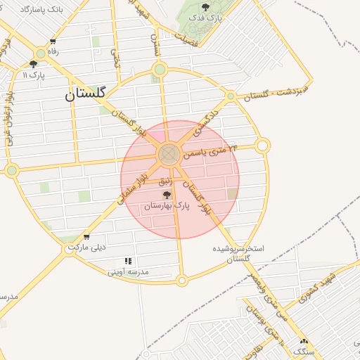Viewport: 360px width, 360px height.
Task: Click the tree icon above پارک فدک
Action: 205,7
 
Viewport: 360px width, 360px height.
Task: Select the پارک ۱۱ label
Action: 33,75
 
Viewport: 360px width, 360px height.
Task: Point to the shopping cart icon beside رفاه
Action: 53,42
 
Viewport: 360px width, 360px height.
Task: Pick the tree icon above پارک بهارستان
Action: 167,195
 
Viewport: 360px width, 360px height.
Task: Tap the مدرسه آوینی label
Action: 131,271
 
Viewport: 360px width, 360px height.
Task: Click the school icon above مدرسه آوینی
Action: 128,261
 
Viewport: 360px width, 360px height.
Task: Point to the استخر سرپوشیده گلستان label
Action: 238,254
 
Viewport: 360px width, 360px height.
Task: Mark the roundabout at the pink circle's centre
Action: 168,155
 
